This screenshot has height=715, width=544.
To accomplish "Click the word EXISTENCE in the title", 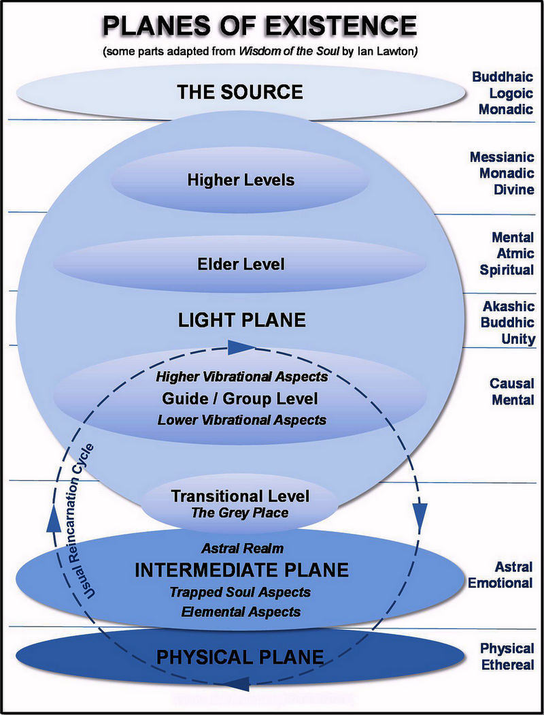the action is tap(339, 26).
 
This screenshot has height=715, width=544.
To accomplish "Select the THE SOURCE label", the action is tap(240, 92).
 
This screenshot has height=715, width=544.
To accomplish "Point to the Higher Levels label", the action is tap(241, 180).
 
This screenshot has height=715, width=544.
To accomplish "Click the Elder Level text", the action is tap(241, 264).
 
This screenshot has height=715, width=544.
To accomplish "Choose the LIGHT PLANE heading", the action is tap(241, 320).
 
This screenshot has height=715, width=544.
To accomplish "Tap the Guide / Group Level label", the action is tap(240, 398).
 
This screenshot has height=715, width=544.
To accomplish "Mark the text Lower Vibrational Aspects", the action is tap(241, 420).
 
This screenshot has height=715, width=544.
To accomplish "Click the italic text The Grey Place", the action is tap(240, 513).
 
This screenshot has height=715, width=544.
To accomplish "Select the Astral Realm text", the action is tap(242, 548).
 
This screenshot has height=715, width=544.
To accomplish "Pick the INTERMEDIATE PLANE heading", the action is tap(241, 570).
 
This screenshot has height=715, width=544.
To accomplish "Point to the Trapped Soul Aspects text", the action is tap(240, 592).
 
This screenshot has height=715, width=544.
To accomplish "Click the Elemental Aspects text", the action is tap(241, 612).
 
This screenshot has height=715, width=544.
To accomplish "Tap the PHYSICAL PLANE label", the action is tap(240, 657).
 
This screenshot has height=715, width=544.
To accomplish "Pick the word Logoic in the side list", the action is tap(511, 93).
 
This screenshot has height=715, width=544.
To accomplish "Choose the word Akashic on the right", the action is tap(509, 306).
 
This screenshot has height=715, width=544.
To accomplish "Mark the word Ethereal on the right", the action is tap(507, 665).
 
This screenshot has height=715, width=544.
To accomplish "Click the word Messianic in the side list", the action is tap(502, 157).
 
